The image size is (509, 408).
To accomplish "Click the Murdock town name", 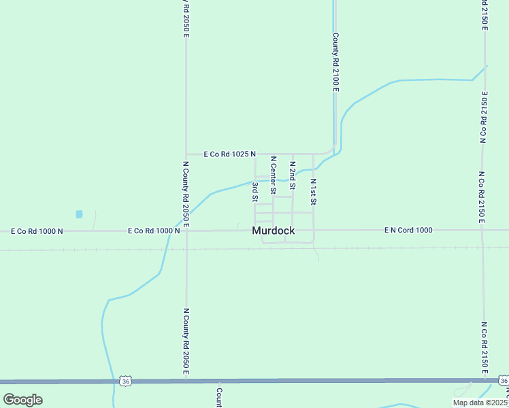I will (x=274, y=231).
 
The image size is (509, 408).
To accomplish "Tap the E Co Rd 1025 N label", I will (x=229, y=154).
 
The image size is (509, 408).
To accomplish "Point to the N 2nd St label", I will (x=292, y=175).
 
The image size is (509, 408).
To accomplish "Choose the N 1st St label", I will (x=313, y=192).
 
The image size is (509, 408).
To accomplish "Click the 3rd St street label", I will (x=255, y=192).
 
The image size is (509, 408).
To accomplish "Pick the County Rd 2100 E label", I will (x=335, y=63).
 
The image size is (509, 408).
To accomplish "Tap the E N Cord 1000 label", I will (x=408, y=230).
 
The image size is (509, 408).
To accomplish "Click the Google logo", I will (x=23, y=399).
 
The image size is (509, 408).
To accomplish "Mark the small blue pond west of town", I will (x=79, y=214).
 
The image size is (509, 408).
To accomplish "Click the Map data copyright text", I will (x=480, y=403).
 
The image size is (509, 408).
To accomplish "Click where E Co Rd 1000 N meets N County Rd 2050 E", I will (x=186, y=231).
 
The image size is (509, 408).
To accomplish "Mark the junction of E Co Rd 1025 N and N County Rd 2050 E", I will (x=186, y=154).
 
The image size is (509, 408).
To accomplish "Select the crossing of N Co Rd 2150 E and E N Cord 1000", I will (x=482, y=230).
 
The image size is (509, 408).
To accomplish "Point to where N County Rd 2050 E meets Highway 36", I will (x=186, y=381).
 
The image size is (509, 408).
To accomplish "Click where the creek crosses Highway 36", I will (x=113, y=381).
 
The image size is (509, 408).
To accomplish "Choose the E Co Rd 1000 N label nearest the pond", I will (x=37, y=231).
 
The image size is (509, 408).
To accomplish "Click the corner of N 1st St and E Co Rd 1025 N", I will (x=313, y=154).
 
